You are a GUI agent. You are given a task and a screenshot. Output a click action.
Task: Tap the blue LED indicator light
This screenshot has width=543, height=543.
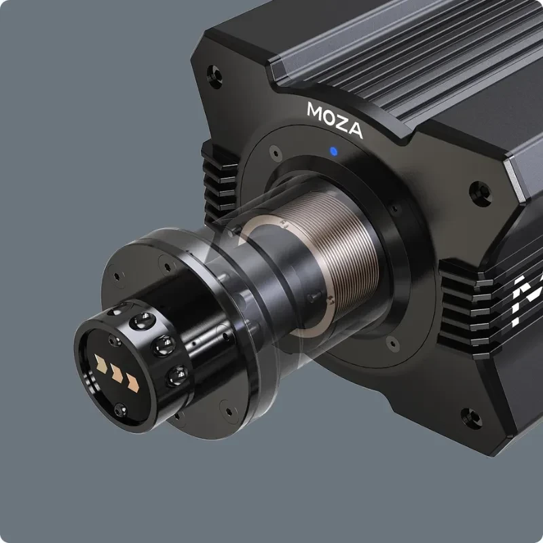pyautogui.click(x=333, y=151)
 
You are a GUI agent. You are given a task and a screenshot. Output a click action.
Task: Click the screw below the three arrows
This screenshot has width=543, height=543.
pyautogui.click(x=120, y=409)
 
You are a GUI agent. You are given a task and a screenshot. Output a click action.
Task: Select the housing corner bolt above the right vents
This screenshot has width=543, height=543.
pyautogui.click(x=480, y=189)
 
